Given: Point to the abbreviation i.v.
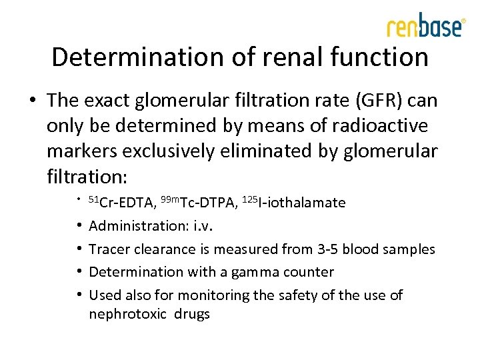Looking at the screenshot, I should [203, 226].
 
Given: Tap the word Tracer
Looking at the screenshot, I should [107, 249].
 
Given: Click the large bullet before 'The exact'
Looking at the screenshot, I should [33, 101].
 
